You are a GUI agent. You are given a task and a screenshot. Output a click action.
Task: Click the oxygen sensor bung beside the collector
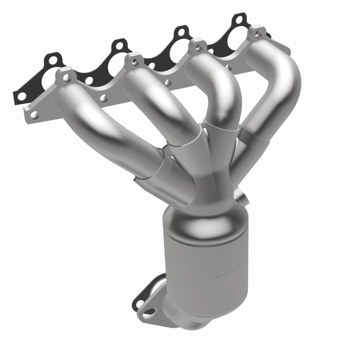pyautogui.click(x=240, y=196)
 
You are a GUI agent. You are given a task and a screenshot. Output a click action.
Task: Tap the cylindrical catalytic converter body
pyautogui.click(x=207, y=265)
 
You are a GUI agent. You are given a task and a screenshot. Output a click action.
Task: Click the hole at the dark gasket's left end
pyautogui.click(x=20, y=96)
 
